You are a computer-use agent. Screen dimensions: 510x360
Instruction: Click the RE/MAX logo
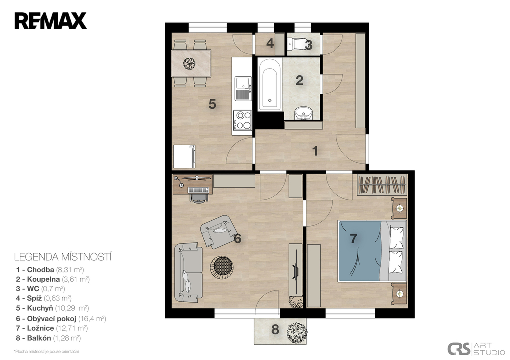point(50,21)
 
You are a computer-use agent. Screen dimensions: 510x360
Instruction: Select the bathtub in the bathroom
point(269,84)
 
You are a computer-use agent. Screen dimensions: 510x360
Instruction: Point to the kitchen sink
point(243,89)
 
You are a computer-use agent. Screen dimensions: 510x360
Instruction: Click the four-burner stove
point(243,120)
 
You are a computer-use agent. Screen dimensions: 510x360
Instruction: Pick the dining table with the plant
point(191,63)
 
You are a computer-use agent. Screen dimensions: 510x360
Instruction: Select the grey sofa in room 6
point(188,272)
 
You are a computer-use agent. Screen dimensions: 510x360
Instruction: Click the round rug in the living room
point(222,267)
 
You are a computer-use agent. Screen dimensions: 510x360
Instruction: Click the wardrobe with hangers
point(382,185)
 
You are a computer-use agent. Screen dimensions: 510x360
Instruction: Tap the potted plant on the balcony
point(297,332)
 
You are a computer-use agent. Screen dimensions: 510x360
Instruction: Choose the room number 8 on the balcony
point(275,330)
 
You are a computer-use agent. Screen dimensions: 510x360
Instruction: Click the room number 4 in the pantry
point(270,43)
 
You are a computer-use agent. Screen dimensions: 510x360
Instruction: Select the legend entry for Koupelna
point(53,279)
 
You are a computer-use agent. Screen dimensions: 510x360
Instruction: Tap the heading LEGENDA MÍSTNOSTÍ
point(63,257)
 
